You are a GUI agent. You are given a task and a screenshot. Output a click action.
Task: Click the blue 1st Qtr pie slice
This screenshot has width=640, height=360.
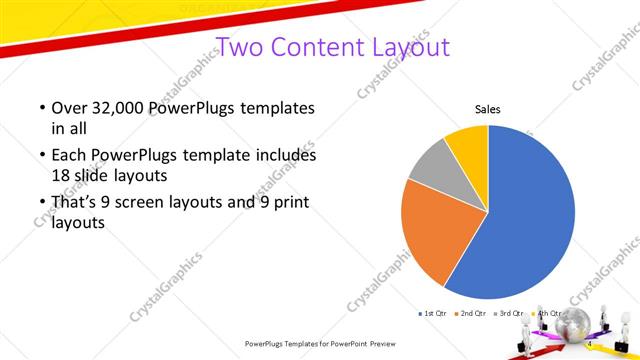(525, 215)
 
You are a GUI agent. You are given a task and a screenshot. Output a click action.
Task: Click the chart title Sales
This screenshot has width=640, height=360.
(487, 110)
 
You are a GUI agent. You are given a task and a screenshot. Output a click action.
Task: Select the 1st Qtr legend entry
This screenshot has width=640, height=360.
(432, 314)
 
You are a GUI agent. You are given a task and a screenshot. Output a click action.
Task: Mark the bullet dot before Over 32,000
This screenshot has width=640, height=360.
(41, 108)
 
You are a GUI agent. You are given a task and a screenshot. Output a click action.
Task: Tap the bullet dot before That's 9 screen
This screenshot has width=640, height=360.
(41, 204)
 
